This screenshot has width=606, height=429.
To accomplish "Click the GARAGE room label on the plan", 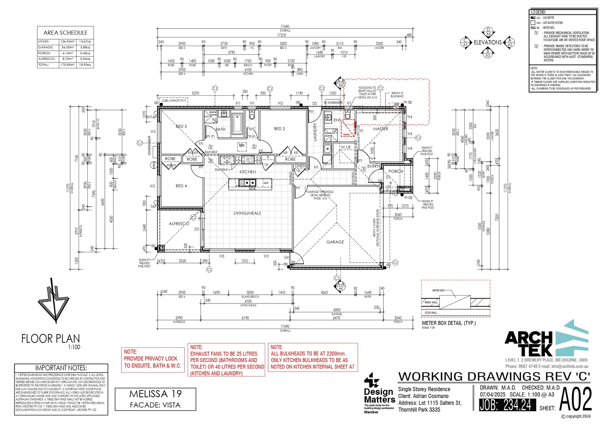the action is coord(335,242).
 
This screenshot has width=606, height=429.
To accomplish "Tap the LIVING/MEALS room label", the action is coord(247,213).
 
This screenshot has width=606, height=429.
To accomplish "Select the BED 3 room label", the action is coord(181,126).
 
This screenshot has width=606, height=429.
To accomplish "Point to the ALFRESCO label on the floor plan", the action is coord(179,224).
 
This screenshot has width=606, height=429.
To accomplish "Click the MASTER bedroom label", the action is coord(381,129).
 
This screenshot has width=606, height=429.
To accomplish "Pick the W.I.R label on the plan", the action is coord(346,147).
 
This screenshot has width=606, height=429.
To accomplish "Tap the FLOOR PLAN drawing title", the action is coord(50,339).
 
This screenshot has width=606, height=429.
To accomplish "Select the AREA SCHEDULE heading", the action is coord(65,33).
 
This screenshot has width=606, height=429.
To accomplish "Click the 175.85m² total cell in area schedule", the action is coord(67,65).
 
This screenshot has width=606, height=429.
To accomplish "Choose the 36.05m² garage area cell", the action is coord(67,47).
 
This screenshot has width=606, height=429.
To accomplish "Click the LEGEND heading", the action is coord(538,12).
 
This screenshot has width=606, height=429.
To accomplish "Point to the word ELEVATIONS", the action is coord(487,43).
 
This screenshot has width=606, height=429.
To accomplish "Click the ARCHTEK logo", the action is coord(546,340).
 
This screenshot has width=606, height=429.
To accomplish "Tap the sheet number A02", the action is coord(575,399).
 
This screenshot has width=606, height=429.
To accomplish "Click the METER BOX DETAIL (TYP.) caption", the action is coord(448,323).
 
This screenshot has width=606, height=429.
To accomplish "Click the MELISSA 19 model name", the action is coord(155,394).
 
